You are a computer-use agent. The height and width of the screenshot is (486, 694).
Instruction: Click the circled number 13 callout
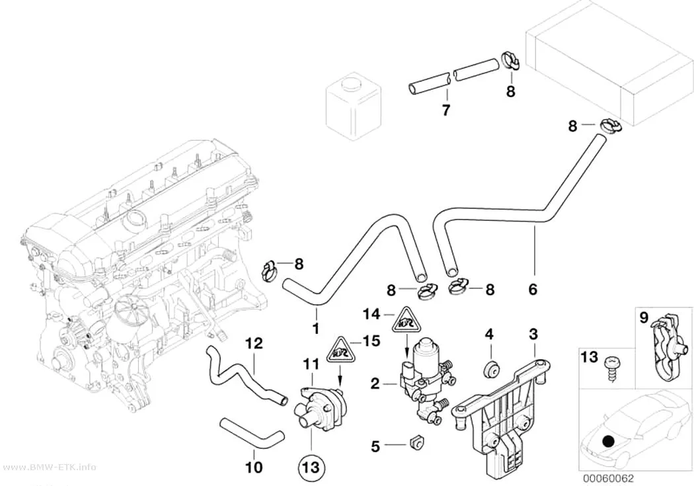point(311,467)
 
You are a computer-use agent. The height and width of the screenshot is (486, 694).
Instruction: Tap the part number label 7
point(446,109)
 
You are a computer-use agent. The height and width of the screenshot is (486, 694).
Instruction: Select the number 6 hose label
point(533,289)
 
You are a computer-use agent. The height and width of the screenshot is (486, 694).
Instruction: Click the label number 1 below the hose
point(315,329)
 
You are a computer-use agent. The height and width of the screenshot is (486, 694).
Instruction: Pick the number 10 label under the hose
point(254,467)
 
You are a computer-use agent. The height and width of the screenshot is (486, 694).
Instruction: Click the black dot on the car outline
point(609,441)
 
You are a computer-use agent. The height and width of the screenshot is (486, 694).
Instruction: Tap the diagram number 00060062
point(607,479)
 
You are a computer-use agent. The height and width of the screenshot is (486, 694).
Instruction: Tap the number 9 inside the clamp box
point(644,317)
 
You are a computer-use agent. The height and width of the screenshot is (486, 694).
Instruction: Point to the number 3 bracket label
point(533,334)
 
